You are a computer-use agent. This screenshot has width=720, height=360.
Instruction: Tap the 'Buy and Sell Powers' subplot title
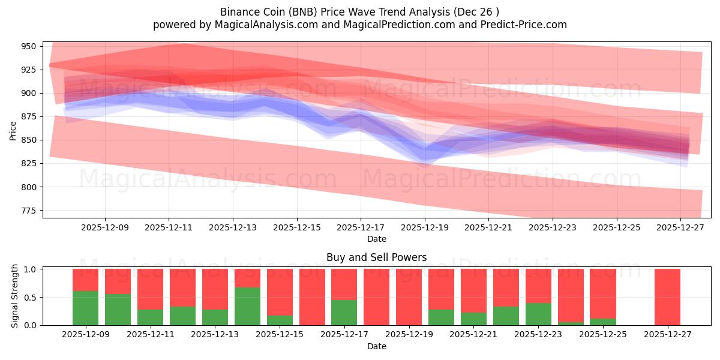pos(376,257)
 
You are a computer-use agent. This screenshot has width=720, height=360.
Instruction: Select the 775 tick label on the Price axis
pos(29,211)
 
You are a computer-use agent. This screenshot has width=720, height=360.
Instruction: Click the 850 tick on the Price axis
pos(29,140)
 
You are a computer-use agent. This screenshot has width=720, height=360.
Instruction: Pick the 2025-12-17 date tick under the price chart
pos(361,228)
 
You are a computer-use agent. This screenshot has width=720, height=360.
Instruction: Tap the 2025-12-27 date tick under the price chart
pos(681,228)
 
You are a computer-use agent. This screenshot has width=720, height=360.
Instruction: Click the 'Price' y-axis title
pos(13,130)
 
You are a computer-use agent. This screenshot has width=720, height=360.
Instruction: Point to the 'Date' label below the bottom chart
pos(376,346)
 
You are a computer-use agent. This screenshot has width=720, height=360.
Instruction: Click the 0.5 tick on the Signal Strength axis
pos(31,297)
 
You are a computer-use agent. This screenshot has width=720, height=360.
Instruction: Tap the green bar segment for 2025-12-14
pos(247,306)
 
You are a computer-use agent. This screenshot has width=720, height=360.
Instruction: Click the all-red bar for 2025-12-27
pos(667,297)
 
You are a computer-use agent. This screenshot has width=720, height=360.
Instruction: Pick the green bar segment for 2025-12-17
pos(344,312)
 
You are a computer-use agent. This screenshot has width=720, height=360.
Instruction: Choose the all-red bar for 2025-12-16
pos(312,297)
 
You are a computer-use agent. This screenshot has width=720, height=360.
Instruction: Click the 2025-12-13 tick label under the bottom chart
pos(215,335)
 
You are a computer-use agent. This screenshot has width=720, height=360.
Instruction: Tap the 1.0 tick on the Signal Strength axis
pos(31,269)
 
